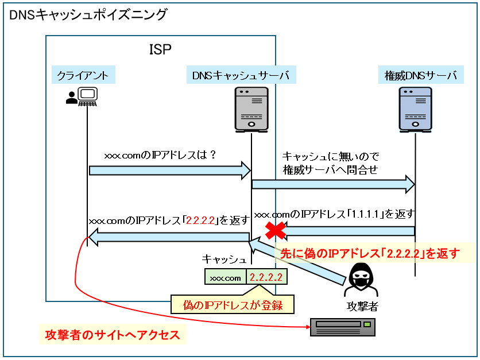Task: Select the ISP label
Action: (160, 49)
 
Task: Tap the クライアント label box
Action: (82, 75)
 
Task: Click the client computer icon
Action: (81, 97)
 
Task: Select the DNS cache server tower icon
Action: (251, 110)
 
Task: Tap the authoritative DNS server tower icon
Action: (415, 110)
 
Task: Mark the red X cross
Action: (275, 231)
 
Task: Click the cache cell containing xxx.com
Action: (225, 277)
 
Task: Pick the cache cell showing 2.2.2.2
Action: (266, 277)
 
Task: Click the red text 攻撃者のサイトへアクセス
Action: (113, 335)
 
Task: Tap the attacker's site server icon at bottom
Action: (342, 327)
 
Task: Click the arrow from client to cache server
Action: (170, 169)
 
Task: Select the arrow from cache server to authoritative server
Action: (333, 184)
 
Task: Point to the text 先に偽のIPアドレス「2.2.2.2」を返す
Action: (370, 253)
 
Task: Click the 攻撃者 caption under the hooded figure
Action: (363, 306)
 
